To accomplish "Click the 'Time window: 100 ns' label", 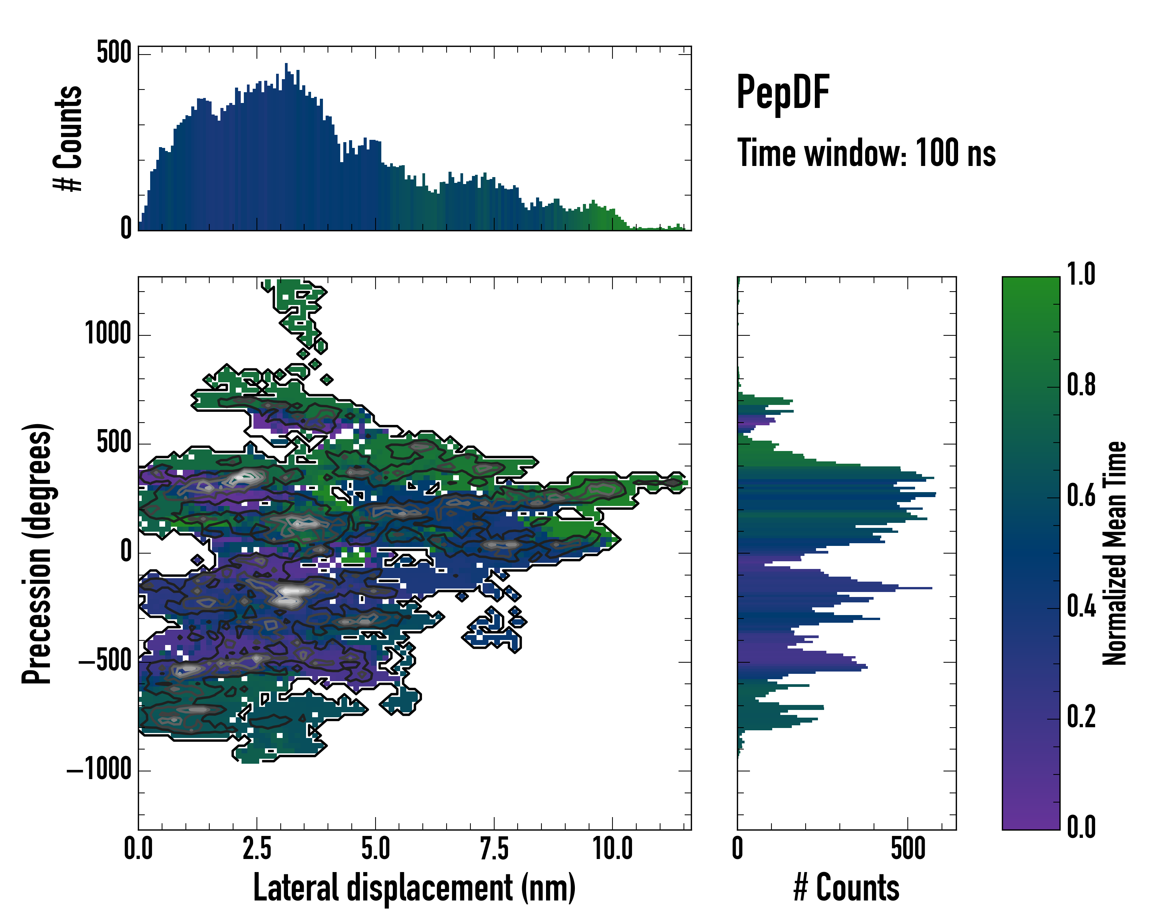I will pyautogui.click(x=866, y=153).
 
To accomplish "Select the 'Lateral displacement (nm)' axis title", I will pyautogui.click(x=414, y=888).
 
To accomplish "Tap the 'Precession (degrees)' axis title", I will pyautogui.click(x=37, y=553).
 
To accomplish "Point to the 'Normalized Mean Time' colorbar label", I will pyautogui.click(x=1115, y=553).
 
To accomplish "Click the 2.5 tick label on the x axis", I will pyautogui.click(x=257, y=849).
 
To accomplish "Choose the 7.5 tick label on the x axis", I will pyautogui.click(x=494, y=849).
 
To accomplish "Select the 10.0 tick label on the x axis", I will pyautogui.click(x=612, y=849).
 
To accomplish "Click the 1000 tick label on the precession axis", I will pyautogui.click(x=108, y=334).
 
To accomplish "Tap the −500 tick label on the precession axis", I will pyautogui.click(x=105, y=661).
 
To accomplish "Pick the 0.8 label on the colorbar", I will pyautogui.click(x=1081, y=385).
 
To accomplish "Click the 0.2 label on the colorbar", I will pyautogui.click(x=1081, y=717).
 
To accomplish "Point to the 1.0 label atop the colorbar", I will pyautogui.click(x=1081, y=274).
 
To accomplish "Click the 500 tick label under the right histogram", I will pyautogui.click(x=908, y=849).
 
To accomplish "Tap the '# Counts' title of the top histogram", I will pyautogui.click(x=68, y=138).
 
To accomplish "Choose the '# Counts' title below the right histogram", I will pyautogui.click(x=846, y=888).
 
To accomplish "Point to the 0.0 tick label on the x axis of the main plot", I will pyautogui.click(x=138, y=849).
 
